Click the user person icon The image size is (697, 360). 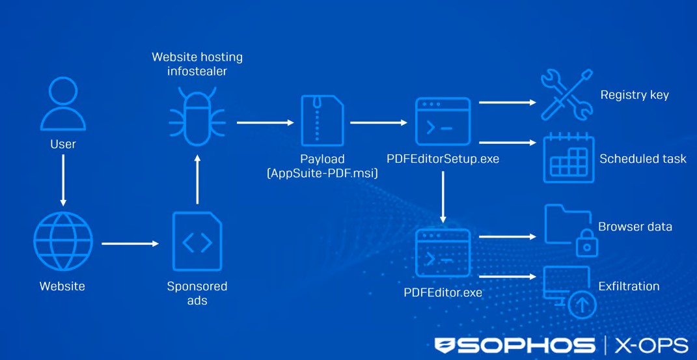click(x=63, y=104)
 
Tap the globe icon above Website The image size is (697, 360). click(x=63, y=242)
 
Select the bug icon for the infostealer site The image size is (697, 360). click(x=197, y=120)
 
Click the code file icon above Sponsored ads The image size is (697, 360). click(x=197, y=242)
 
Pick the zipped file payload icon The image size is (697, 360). click(x=322, y=120)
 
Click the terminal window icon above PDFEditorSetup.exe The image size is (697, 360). click(x=443, y=121)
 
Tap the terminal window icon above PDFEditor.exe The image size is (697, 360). click(x=443, y=254)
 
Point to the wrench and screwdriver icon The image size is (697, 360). click(x=567, y=94)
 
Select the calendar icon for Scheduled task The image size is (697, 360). click(x=567, y=158)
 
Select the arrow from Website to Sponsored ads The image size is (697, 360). click(x=130, y=243)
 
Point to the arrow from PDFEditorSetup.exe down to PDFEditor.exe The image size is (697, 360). click(x=443, y=195)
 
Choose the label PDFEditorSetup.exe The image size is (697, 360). click(x=443, y=159)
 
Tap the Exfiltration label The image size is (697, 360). click(x=629, y=286)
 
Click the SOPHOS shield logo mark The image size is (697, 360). click(x=445, y=346)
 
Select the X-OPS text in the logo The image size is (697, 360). click(x=651, y=346)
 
